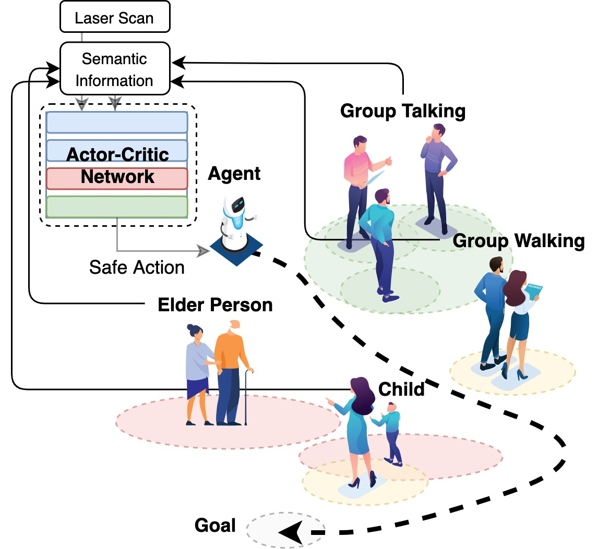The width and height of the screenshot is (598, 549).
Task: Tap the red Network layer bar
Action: click(117, 178)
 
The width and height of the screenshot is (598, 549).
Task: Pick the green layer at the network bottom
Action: click(117, 206)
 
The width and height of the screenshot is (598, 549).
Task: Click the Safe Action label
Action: click(137, 267)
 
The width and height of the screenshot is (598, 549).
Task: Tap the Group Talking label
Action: click(402, 111)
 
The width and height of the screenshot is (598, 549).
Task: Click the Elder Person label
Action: click(215, 305)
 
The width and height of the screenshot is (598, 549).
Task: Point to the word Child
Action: click(401, 389)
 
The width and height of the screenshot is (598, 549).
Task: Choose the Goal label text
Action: click(215, 525)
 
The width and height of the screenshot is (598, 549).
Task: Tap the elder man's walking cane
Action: click(246, 396)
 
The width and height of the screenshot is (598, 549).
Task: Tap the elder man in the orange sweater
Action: click(230, 370)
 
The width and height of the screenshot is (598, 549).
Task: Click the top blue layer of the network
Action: click(117, 123)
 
